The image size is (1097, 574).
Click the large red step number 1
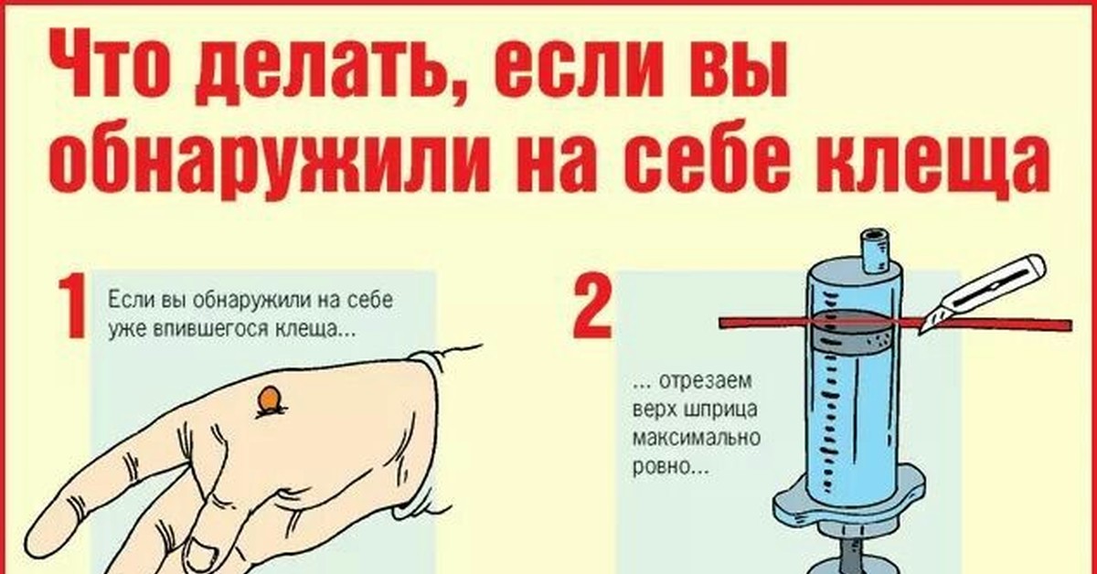pyautogui.click(x=72, y=307)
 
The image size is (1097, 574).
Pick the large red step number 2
pyautogui.click(x=592, y=307)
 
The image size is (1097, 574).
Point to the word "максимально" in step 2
pyautogui.click(x=697, y=436)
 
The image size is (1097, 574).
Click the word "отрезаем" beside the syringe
pyautogui.click(x=706, y=381)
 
